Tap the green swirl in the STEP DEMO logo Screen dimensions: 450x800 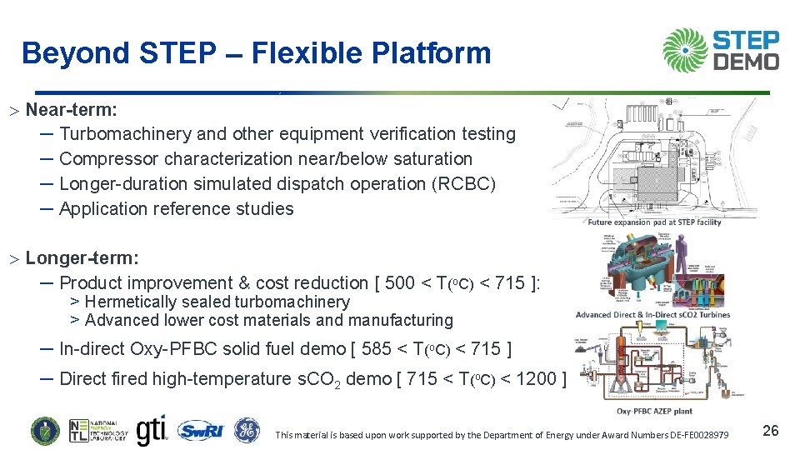click(x=685, y=50)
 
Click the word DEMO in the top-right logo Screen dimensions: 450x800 click(x=747, y=62)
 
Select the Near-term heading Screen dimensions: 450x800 click(x=71, y=109)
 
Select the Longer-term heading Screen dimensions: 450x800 click(x=82, y=258)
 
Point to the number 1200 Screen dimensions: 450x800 click(x=530, y=379)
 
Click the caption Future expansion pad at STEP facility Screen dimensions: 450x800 click(x=654, y=222)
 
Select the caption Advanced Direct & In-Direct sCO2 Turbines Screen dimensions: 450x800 click(x=652, y=314)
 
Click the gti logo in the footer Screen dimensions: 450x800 click(x=151, y=430)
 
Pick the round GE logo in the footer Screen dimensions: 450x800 click(x=247, y=431)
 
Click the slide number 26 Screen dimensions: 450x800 click(x=771, y=430)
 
